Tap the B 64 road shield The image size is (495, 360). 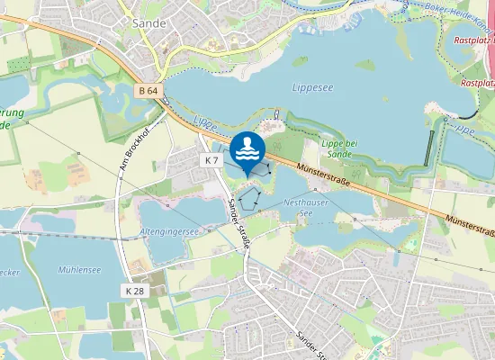pyautogui.click(x=149, y=91)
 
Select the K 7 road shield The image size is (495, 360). pyautogui.click(x=211, y=159)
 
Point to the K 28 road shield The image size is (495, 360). pyautogui.click(x=134, y=291)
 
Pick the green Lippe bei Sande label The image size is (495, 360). pyautogui.click(x=339, y=148)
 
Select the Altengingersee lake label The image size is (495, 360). pyautogui.click(x=169, y=231)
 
